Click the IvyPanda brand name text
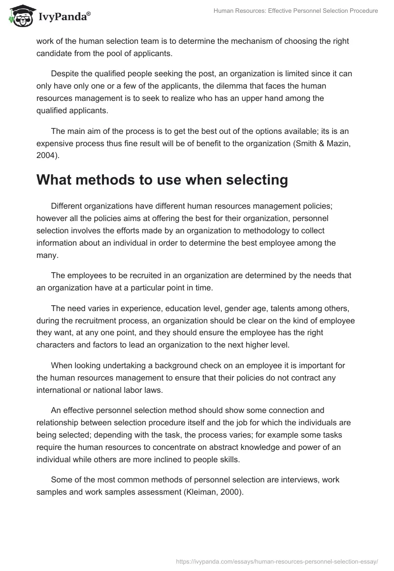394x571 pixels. (x=64, y=18)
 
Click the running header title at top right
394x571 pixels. (x=295, y=11)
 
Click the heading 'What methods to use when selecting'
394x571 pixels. (x=162, y=180)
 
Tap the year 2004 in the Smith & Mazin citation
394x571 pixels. (x=46, y=156)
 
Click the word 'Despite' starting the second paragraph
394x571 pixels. (x=64, y=73)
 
